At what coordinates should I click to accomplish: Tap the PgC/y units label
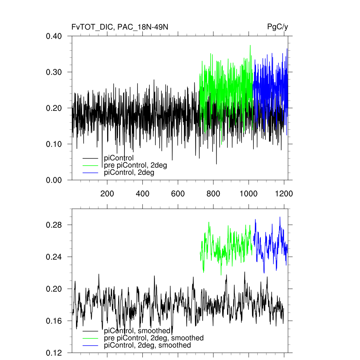coord(278,27)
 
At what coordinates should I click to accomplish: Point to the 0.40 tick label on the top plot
coord(54,36)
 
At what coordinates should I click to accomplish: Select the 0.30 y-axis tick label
coord(54,72)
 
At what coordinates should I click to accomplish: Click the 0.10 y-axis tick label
coord(54,144)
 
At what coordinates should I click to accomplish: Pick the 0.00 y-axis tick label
coord(54,180)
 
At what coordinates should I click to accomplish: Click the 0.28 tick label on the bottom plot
coord(54,225)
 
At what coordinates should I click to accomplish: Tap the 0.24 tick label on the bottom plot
coord(54,257)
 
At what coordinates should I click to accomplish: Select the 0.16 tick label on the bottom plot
coord(54,321)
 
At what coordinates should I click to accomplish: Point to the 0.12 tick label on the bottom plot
coord(54,353)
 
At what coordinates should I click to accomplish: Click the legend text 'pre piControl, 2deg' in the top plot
coord(135,165)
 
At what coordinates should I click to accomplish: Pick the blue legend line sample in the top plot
coord(90,173)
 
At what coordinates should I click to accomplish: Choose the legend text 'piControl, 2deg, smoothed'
coord(147,345)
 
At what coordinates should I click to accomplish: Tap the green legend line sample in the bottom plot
coord(90,338)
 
